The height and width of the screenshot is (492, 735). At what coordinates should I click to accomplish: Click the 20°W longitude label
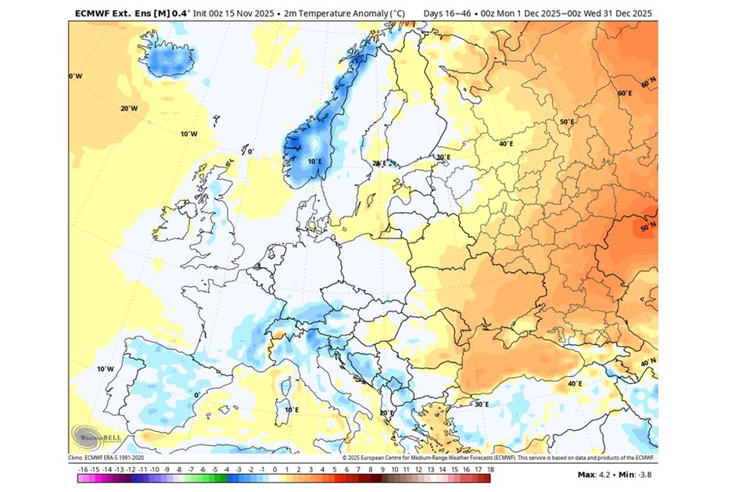pyautogui.click(x=129, y=108)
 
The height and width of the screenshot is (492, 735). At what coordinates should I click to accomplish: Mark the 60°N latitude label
pyautogui.click(x=647, y=83)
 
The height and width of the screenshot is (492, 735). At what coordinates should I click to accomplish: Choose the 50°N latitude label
pyautogui.click(x=647, y=228)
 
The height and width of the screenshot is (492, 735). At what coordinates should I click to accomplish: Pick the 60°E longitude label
pyautogui.click(x=625, y=94)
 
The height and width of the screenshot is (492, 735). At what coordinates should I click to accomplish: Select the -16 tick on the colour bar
pyautogui.click(x=83, y=469)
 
